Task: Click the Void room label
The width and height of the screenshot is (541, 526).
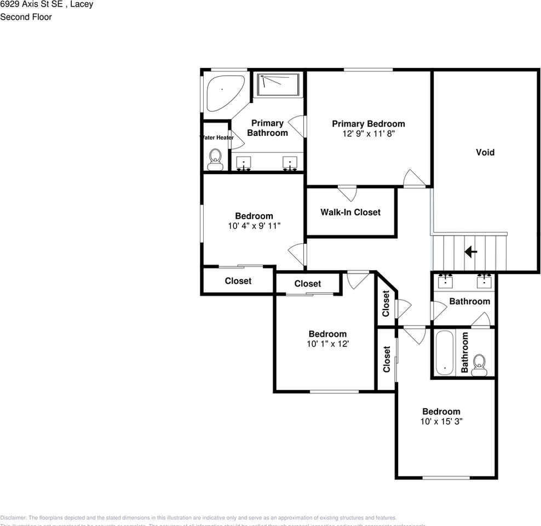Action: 485,152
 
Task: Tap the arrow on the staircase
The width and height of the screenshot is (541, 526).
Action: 470,251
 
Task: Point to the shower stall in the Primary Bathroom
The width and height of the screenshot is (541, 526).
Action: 279,84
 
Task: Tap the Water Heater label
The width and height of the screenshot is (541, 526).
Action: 217,138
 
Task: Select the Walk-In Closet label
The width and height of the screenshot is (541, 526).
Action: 350,212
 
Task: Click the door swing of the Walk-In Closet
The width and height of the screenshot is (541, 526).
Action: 347,193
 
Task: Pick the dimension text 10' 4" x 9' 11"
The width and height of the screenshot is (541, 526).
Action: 254,225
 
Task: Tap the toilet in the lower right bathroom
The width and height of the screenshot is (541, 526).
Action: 479,364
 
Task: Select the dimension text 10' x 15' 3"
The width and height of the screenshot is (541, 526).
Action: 441,421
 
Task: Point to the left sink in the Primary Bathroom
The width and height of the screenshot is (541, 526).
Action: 244,162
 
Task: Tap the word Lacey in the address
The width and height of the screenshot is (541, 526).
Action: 81,4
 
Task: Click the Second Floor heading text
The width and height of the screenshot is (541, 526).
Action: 26,17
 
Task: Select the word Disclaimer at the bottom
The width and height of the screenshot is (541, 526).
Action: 13,518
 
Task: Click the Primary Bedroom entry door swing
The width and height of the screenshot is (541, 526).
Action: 413,179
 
